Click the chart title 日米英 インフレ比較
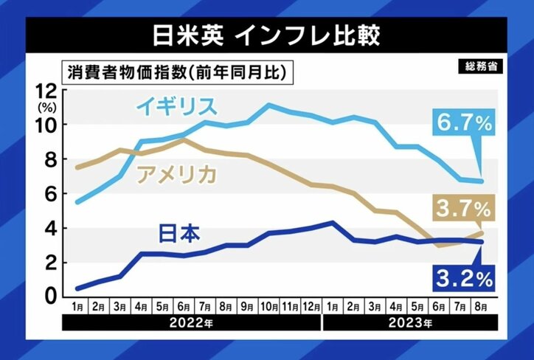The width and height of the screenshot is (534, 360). click(266, 34)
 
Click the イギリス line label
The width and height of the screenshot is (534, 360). click(176, 106)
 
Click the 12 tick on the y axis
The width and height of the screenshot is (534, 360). click(46, 91)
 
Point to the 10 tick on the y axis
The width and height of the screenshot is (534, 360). click(46, 125)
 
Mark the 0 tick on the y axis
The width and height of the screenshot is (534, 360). click(49, 296)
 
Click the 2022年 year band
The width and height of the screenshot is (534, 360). click(192, 322)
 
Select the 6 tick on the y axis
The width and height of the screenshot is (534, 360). click(49, 193)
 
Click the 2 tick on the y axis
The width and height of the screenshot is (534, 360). click(49, 262)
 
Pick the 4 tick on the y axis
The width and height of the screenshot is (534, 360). click(49, 228)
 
